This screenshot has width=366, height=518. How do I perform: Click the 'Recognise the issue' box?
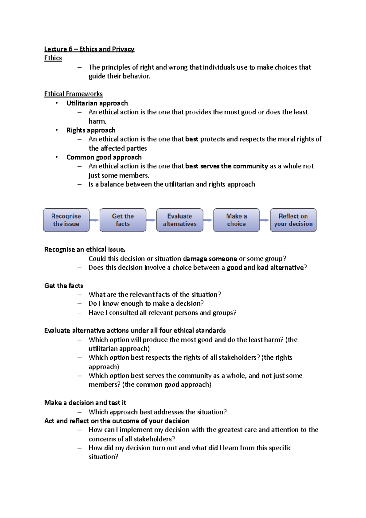(x=66, y=220)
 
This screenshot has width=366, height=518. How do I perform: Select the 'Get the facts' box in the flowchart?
(x=123, y=220)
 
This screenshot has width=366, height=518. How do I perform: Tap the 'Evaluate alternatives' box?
(x=180, y=220)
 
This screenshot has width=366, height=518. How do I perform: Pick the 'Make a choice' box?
(x=236, y=220)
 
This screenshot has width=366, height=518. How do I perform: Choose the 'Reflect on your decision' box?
(x=293, y=220)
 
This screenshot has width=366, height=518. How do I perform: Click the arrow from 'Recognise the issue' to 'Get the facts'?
(x=95, y=220)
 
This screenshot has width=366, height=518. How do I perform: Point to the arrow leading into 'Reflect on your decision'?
(x=265, y=220)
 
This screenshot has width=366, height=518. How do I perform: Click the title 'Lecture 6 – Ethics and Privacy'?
(x=89, y=49)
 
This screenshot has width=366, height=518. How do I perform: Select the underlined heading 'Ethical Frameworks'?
(x=73, y=94)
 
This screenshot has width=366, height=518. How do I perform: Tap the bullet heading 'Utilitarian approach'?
(x=97, y=103)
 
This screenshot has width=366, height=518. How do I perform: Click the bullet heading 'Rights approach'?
(x=91, y=130)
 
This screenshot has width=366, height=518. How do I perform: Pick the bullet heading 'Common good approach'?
(x=104, y=157)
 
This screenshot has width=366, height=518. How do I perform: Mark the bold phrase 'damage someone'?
(x=210, y=259)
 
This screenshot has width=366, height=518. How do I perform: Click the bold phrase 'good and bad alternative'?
(x=265, y=268)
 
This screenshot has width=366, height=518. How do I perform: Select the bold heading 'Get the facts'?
(x=63, y=286)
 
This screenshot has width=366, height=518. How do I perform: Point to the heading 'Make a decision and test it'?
(x=85, y=403)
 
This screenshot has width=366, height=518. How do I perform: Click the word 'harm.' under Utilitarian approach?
(x=97, y=121)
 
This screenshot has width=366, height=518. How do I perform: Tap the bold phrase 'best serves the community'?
(x=226, y=166)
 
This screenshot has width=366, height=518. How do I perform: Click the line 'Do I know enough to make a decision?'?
(x=146, y=304)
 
